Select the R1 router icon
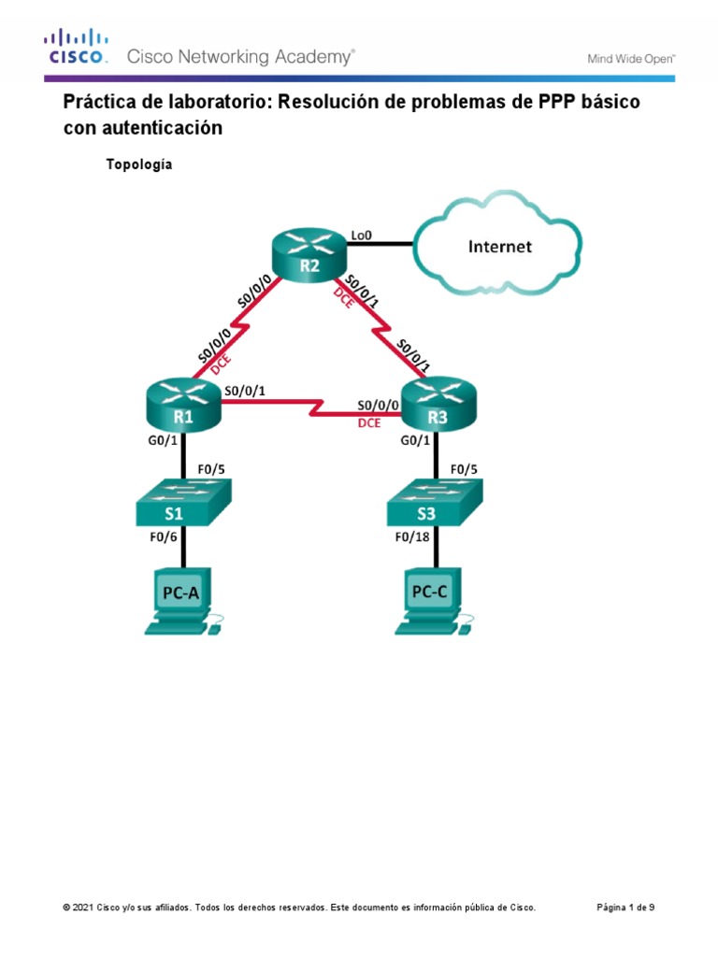[x=183, y=407]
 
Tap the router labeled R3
[x=438, y=407]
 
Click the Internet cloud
[x=500, y=246]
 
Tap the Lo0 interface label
[x=362, y=236]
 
